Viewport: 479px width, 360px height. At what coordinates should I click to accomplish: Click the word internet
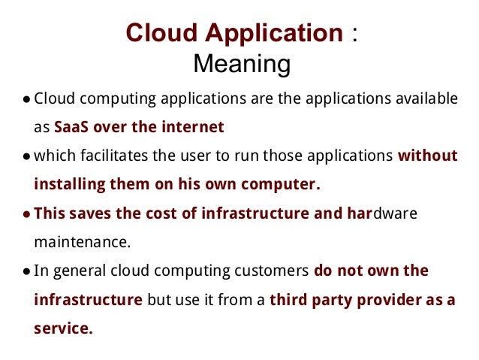point(194,126)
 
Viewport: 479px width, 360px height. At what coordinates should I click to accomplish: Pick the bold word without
point(428,156)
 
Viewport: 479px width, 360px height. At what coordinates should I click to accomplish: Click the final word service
point(63,328)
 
